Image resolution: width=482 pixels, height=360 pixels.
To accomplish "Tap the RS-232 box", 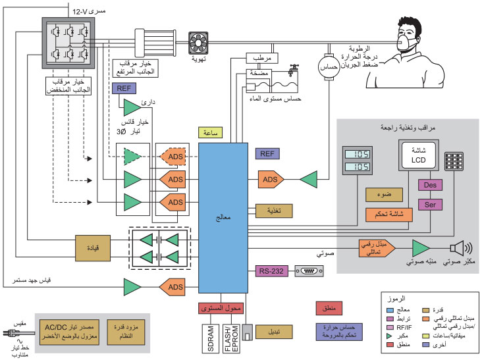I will (x=272, y=270).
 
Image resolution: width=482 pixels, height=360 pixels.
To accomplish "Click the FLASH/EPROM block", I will (x=228, y=336).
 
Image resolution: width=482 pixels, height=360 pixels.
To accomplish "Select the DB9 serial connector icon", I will (x=308, y=270).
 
